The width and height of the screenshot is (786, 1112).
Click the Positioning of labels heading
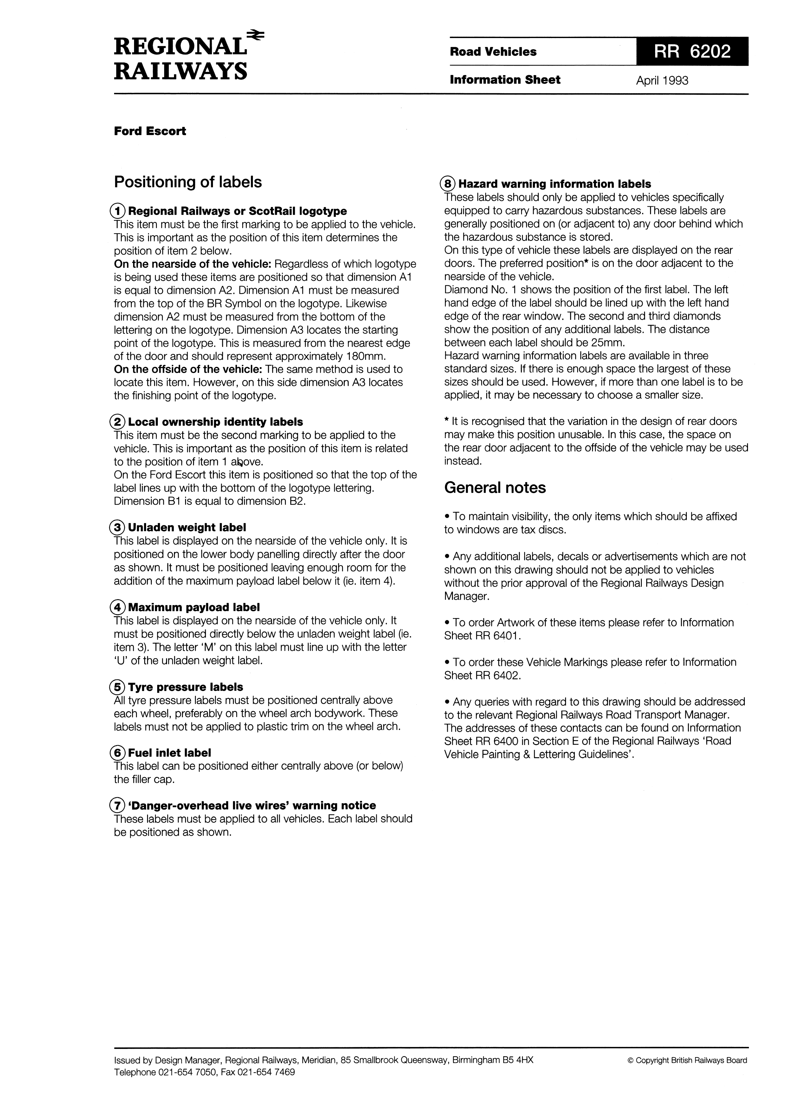[188, 182]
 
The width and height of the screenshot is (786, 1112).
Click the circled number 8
[448, 184]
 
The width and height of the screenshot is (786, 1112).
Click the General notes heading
[495, 488]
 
